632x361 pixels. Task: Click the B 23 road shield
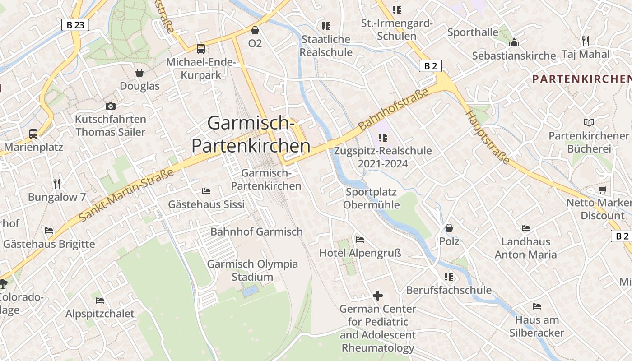pos(75,25)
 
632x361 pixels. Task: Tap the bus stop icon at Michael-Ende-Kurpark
pos(201,48)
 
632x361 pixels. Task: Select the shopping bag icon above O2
pos(255,30)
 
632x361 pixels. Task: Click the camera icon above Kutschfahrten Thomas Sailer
pos(111,106)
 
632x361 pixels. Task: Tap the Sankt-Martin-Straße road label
pos(126,195)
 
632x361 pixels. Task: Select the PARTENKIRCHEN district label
pos(581,79)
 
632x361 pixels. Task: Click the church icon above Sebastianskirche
pos(514,43)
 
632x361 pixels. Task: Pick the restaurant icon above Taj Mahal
pos(586,41)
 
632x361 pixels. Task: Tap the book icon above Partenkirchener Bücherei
pos(589,122)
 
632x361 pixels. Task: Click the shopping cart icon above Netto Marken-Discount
pos(602,190)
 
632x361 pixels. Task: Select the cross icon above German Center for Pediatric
pos(378,296)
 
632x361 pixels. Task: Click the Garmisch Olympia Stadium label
pos(252,270)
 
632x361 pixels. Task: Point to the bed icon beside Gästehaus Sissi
pos(206,191)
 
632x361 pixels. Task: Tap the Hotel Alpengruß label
pos(360,253)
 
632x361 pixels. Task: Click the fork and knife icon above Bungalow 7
pos(57,183)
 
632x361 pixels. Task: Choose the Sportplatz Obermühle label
pos(371,199)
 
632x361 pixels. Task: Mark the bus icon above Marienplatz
pos(33,134)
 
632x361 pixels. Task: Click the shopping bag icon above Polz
pos(449,228)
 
